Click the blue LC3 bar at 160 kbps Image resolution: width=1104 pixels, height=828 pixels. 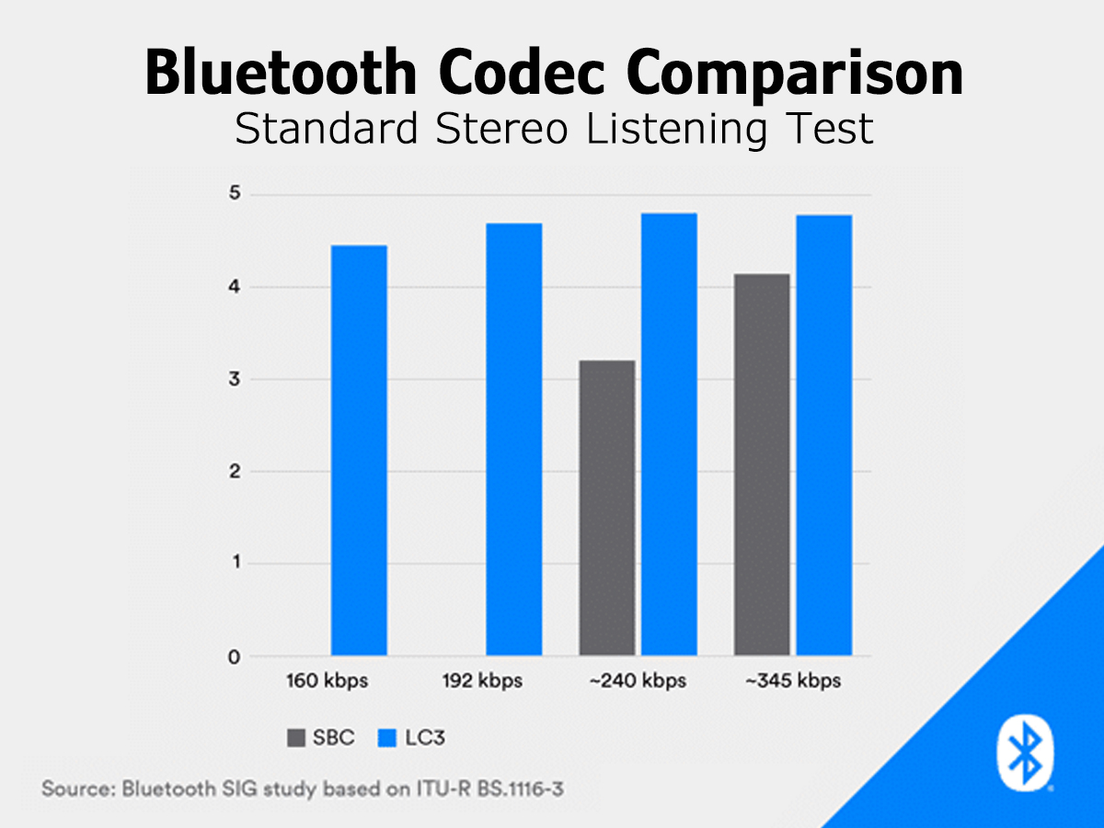359,451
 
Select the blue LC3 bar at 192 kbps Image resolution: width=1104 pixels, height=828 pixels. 514,440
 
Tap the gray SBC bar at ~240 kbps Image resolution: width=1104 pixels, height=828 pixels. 607,508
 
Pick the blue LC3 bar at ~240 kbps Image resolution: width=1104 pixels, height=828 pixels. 669,434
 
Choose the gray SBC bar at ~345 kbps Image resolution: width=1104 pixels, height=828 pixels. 762,465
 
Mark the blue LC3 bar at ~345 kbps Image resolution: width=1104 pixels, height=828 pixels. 824,435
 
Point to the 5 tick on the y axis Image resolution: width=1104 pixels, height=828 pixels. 235,192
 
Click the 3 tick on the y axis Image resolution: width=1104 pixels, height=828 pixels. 235,379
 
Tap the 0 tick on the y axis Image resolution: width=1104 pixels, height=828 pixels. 235,657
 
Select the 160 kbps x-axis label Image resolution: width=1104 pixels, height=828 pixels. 328,681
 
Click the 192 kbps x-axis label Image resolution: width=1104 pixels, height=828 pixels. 482,681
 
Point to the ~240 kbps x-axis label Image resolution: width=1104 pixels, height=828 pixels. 638,681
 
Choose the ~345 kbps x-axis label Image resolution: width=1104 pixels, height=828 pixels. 793,681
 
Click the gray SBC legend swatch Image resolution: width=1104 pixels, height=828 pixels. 296,738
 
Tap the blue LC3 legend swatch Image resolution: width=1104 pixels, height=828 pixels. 386,738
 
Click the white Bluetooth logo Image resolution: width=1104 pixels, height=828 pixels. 1025,753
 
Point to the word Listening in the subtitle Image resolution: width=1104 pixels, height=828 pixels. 676,129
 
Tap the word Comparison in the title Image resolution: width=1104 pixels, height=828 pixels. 795,75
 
